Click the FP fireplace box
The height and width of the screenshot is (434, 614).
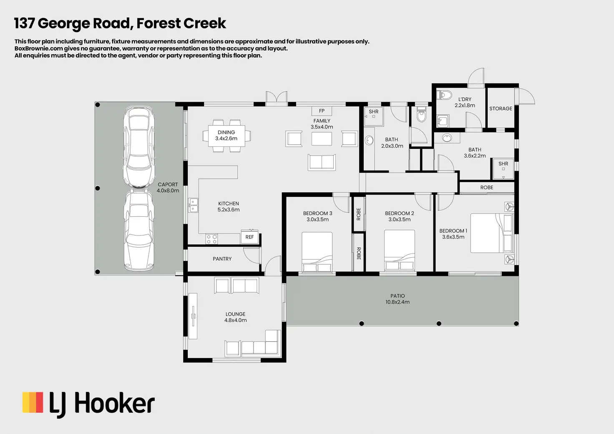[322, 111]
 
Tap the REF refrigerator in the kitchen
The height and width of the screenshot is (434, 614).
[249, 237]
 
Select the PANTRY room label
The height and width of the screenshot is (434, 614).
[222, 259]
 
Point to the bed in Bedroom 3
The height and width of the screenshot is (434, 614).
[317, 252]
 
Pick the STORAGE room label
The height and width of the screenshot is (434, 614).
[501, 108]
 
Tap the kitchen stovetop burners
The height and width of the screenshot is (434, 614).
[211, 239]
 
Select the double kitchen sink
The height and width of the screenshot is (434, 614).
[193, 205]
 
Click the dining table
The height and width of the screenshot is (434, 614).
[226, 135]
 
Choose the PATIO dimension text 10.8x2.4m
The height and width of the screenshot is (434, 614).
[397, 302]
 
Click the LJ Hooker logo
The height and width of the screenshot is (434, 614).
[88, 404]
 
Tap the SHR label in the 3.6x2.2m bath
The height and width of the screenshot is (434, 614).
[503, 164]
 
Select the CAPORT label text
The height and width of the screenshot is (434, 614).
[168, 184]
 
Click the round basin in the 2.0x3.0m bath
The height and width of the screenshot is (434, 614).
[369, 140]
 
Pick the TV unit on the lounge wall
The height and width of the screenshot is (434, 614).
[193, 316]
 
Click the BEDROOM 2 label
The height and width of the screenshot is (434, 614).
[399, 213]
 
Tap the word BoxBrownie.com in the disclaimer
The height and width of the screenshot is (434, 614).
[38, 48]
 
